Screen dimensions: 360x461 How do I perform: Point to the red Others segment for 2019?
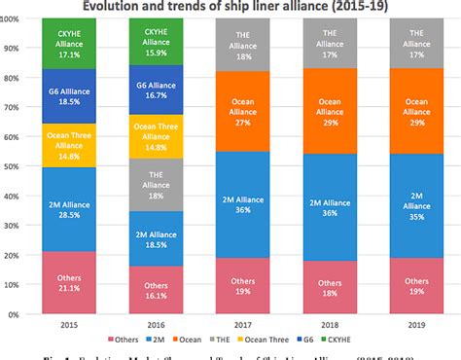click(x=418, y=286)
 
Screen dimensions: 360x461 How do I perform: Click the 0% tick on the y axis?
click(x=19, y=314)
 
